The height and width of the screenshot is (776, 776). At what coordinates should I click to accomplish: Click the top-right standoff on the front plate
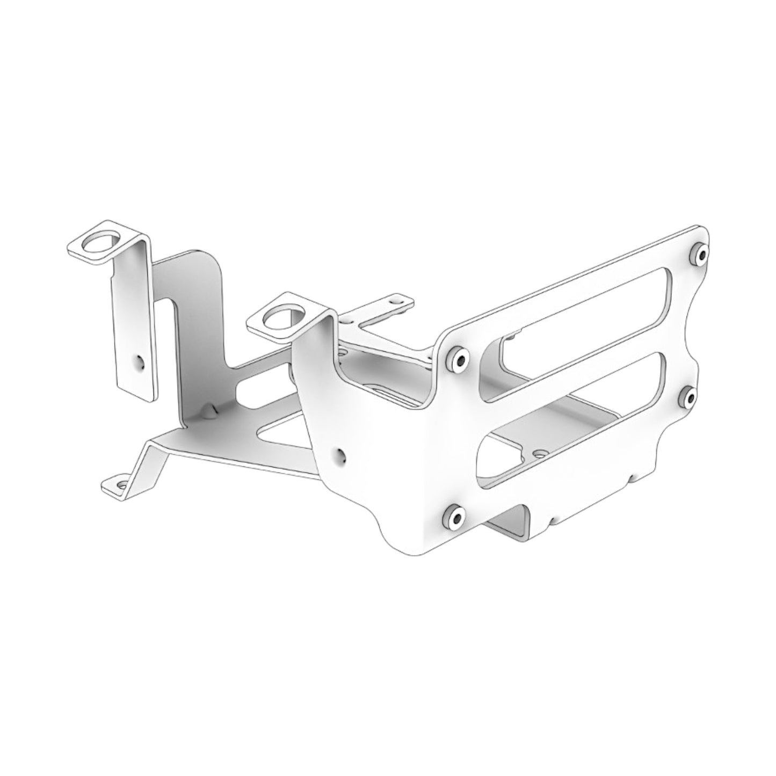coord(699,254)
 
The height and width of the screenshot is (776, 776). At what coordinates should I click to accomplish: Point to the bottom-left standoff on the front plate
coord(454,517)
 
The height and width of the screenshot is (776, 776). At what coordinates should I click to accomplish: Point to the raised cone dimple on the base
coord(208,411)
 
